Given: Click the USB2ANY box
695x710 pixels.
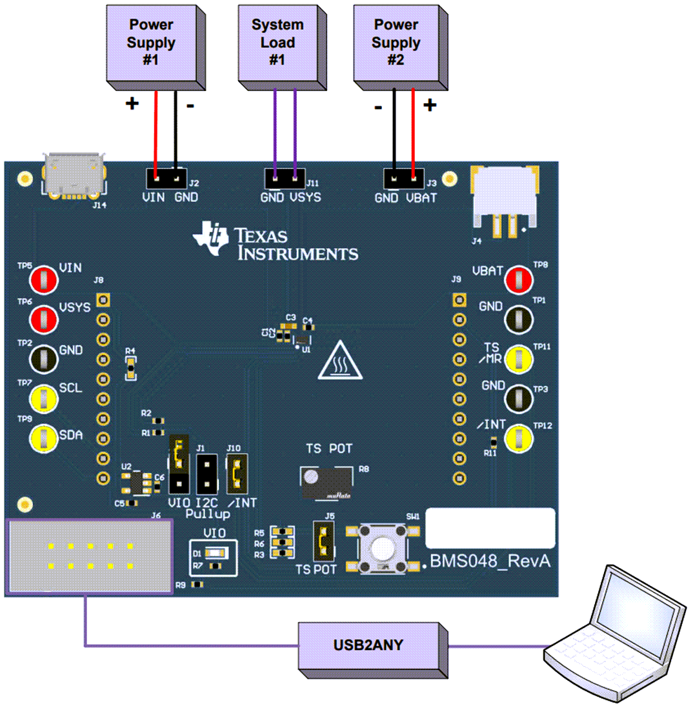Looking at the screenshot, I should click(368, 645).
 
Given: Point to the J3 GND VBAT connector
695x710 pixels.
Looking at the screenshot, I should click(403, 177).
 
